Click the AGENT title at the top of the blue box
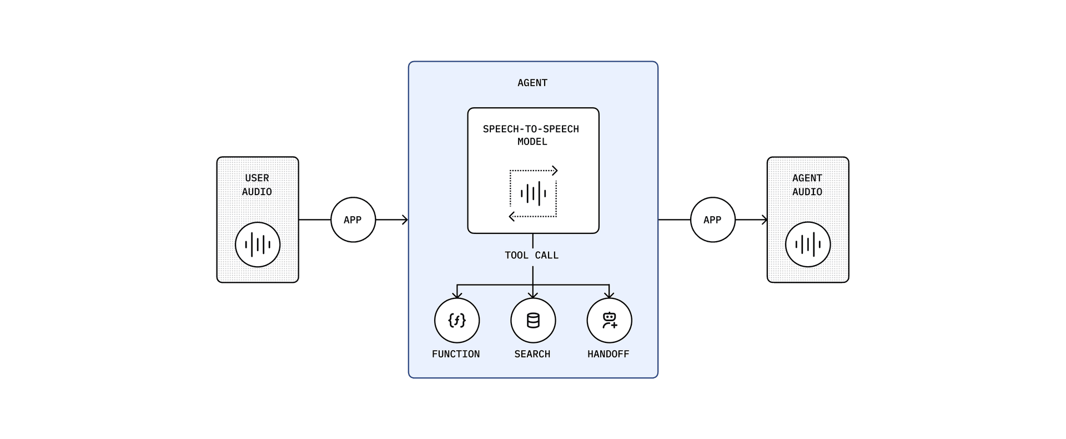tap(532, 83)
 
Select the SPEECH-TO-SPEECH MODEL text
tap(531, 135)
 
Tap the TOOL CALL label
tap(531, 255)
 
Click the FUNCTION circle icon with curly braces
tap(456, 320)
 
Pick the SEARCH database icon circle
tap(533, 320)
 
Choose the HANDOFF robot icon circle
tap(609, 320)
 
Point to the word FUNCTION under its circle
tap(456, 354)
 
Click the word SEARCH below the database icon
tap(532, 354)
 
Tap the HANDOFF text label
tap(608, 354)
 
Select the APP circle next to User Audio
tap(353, 219)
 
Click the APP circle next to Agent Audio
tap(712, 219)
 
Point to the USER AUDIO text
tap(257, 184)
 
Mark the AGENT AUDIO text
tap(807, 184)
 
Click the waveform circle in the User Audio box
tap(258, 245)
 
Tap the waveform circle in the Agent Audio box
tap(808, 245)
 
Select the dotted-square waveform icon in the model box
tap(533, 193)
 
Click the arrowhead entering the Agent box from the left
tap(405, 220)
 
